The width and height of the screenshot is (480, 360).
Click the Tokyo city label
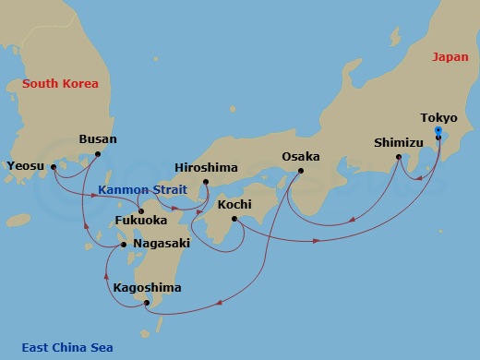click(438, 118)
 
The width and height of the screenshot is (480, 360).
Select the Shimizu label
click(399, 143)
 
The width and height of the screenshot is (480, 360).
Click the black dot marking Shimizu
click(398, 157)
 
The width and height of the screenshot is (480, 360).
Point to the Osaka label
click(300, 156)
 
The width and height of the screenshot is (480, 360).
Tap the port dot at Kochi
click(234, 219)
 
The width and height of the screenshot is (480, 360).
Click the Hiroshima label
click(206, 168)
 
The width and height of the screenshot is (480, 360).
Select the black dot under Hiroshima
click(206, 182)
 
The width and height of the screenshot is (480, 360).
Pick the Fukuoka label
click(141, 222)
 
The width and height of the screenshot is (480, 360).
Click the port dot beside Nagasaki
click(126, 245)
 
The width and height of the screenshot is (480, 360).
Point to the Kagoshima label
click(147, 288)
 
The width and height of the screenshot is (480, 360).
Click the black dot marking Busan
click(98, 155)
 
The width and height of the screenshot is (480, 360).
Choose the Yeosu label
click(25, 167)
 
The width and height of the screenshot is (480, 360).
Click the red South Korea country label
click(59, 84)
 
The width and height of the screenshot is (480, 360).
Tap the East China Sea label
click(68, 347)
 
